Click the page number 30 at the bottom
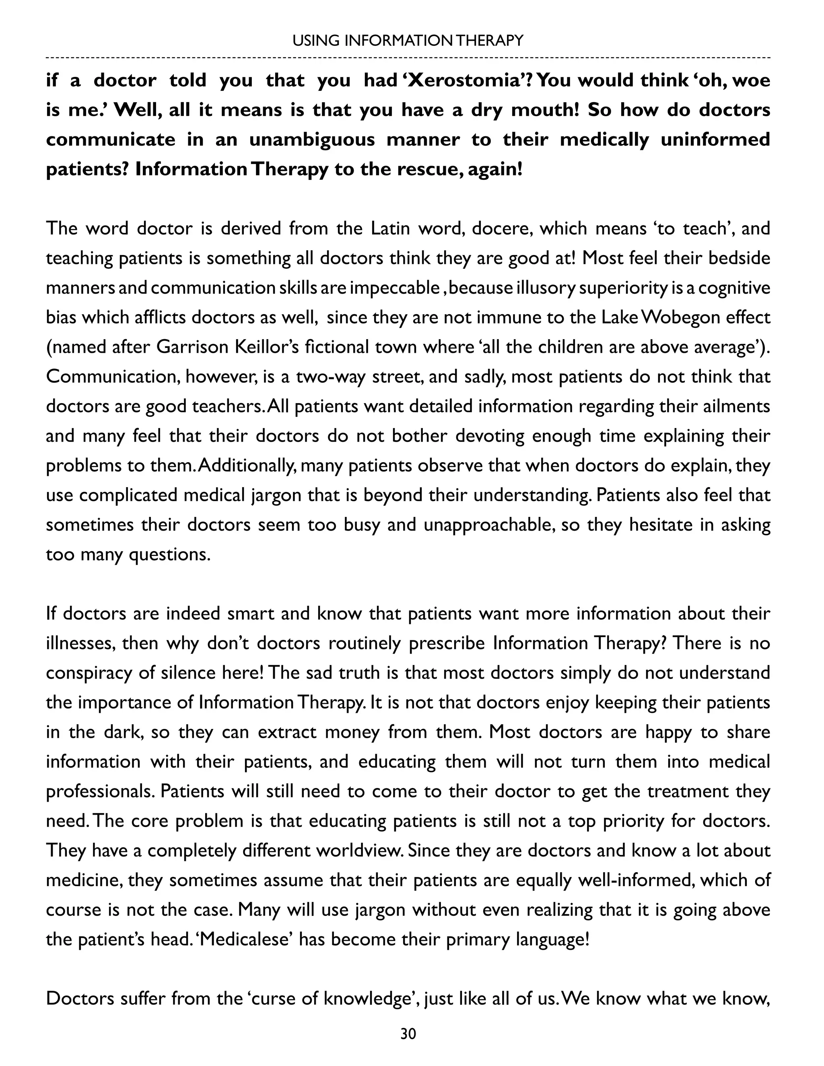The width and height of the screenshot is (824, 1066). (x=408, y=1034)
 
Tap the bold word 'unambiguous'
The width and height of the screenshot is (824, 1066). (x=311, y=140)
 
